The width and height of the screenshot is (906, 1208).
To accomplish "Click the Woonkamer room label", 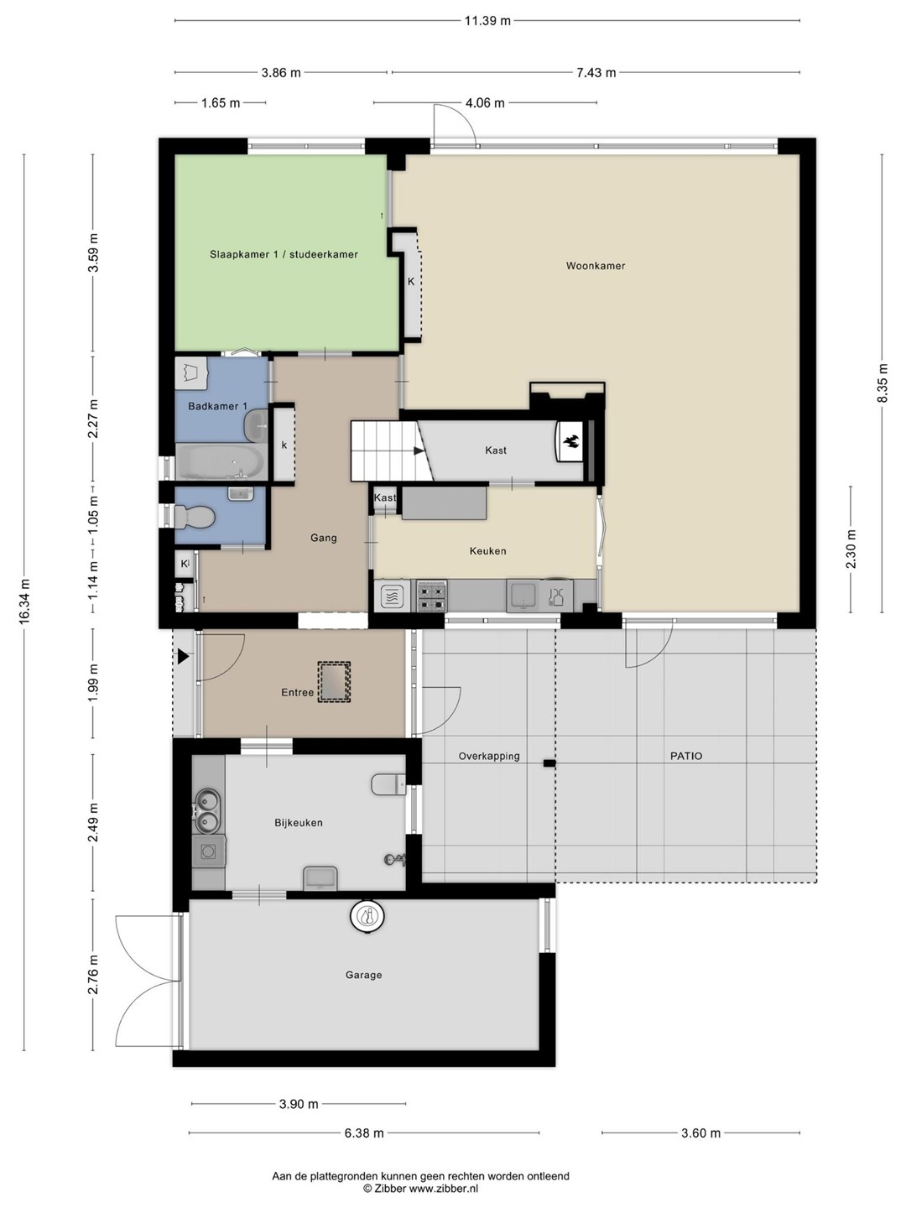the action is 596,266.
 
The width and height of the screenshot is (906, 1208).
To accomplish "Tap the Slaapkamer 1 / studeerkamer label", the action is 284,254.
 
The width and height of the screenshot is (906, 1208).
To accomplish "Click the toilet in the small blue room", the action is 194,517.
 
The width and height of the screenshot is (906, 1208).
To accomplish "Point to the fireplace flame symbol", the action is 570,441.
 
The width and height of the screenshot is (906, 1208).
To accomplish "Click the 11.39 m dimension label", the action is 488,21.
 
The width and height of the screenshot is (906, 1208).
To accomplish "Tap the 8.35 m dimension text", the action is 883,383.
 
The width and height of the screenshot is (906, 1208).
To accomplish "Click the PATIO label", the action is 686,756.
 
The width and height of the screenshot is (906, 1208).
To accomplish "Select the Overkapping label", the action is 489,757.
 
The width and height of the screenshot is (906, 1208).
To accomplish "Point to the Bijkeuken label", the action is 299,823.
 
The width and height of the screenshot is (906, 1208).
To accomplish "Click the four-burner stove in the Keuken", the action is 431,596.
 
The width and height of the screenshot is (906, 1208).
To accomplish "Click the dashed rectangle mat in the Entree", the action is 334,681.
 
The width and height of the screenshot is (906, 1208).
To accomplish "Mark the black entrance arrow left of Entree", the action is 184,657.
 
